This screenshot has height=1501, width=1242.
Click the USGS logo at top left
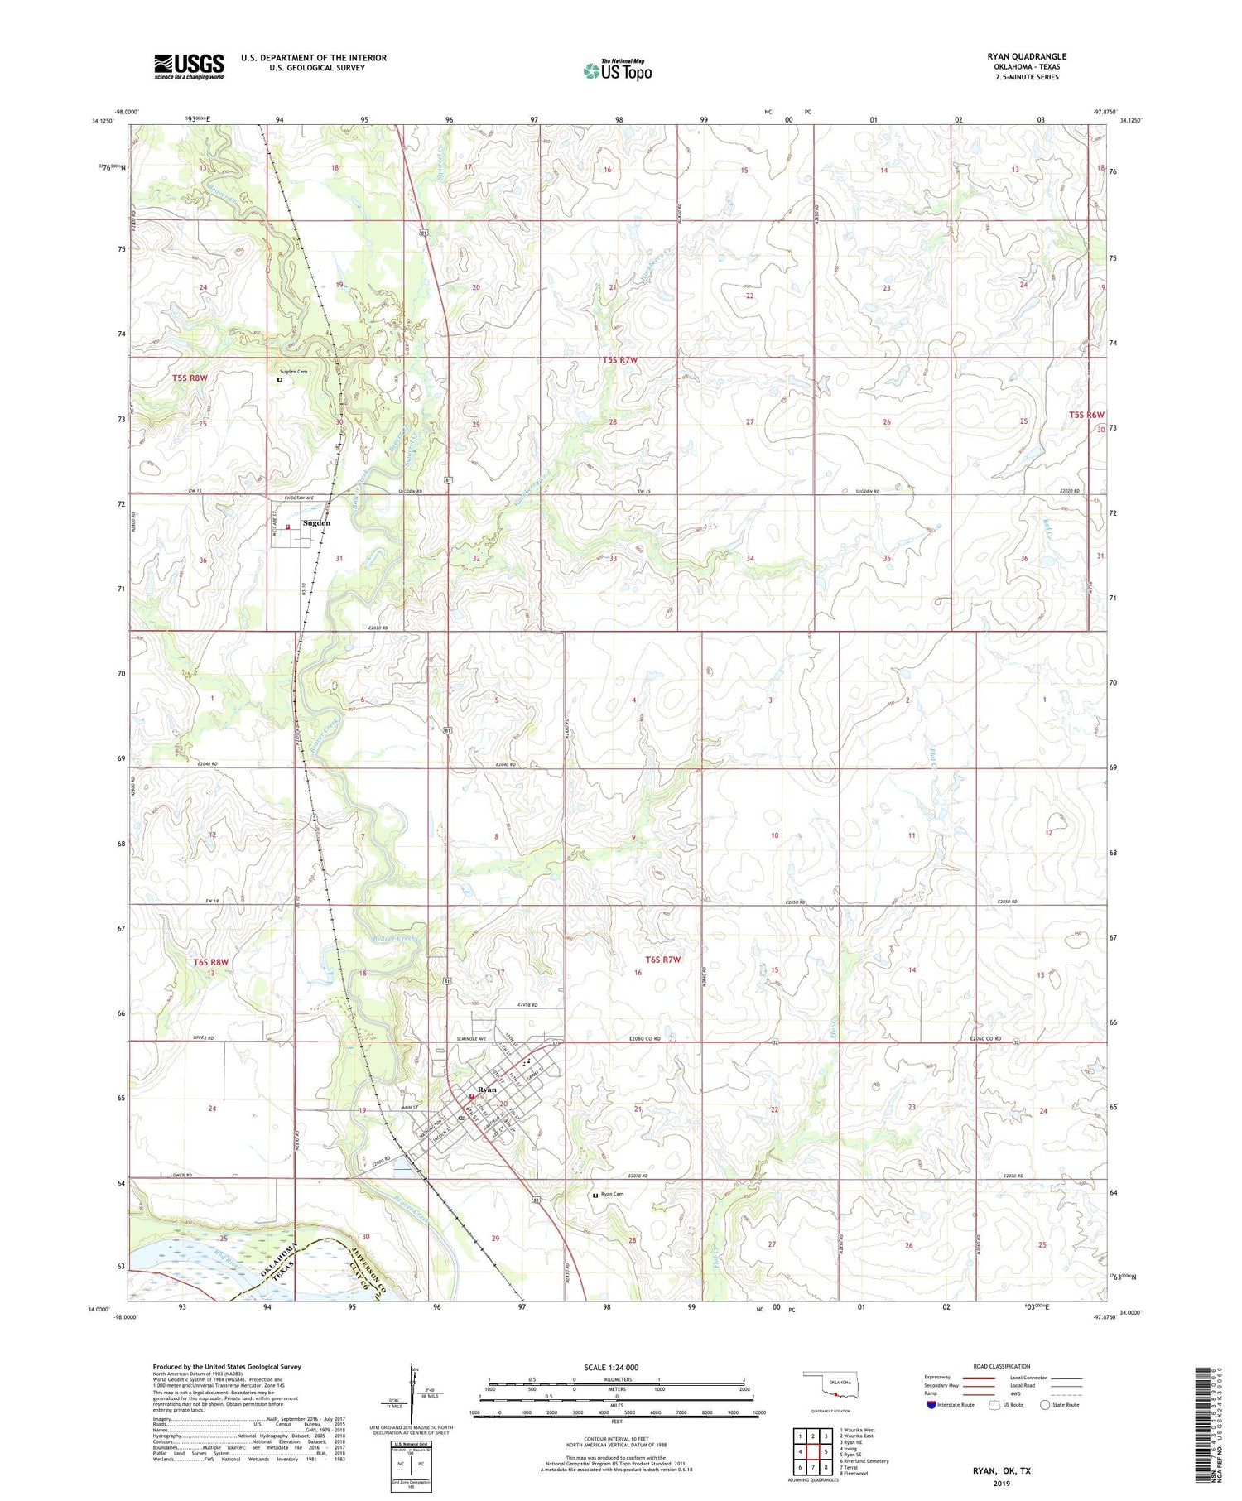189,66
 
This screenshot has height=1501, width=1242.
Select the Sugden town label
317,523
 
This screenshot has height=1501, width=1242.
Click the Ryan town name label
487,1090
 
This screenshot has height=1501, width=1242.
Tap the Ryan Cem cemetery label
614,1194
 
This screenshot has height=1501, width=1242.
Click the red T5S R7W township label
619,360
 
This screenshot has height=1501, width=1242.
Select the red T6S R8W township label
210,962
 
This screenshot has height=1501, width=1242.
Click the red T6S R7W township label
662,960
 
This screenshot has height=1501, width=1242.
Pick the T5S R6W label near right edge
1086,415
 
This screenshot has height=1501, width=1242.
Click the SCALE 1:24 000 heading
612,1367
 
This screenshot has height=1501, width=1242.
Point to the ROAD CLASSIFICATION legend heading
1002,1366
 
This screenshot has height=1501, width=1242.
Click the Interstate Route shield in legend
931,1405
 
